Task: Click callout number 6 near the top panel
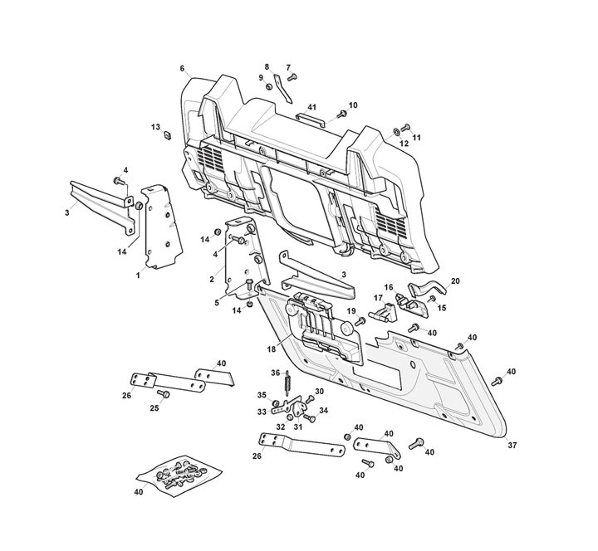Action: coord(181,68)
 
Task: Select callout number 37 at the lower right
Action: coord(512,446)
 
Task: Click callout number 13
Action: coord(154,127)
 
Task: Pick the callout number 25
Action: coord(154,408)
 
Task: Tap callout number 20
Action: coord(454,281)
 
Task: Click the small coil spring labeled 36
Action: coord(287,383)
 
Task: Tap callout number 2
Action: coord(213,279)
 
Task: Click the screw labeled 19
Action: coord(360,321)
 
